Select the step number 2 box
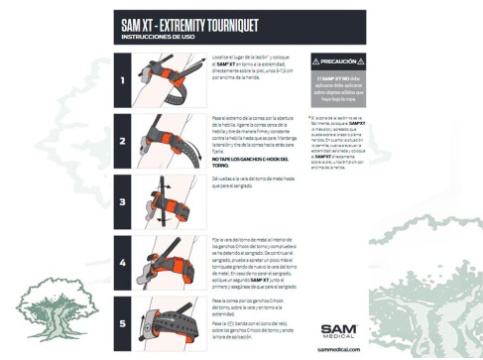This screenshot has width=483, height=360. pos(124,140)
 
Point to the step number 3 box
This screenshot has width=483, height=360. pos(124,201)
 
